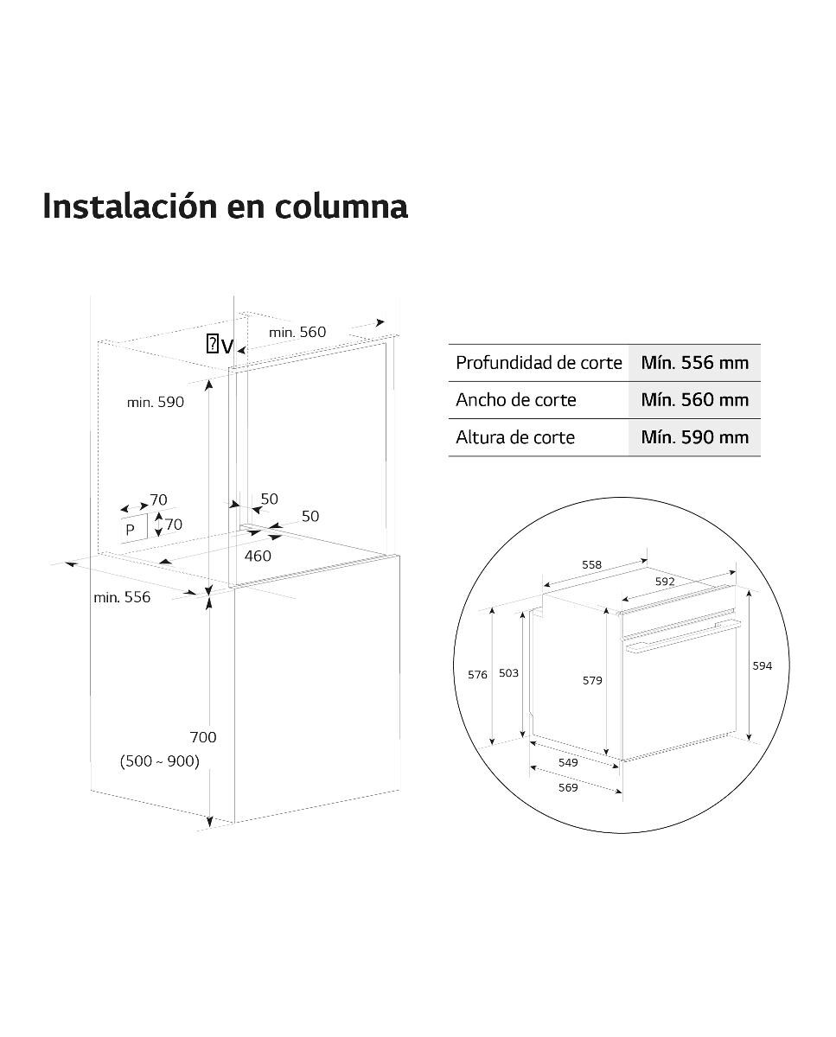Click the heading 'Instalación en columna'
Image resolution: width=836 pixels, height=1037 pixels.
225,207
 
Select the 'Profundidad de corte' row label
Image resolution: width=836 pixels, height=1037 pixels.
539,363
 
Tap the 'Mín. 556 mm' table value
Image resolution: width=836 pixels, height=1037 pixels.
695,363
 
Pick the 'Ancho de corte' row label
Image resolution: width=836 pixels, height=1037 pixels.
516,400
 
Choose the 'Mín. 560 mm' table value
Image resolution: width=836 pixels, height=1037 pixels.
695,400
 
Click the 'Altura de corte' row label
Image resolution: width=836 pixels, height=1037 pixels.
515,437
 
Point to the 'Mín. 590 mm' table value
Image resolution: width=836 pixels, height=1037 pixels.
695,437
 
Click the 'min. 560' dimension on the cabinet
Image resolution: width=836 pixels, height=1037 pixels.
297,332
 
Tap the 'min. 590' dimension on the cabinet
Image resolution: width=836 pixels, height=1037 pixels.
156,402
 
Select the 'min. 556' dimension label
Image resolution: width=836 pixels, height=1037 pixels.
122,597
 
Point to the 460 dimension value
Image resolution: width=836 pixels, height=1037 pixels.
258,556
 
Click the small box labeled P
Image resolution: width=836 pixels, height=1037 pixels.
133,529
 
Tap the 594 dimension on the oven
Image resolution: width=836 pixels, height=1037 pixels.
763,665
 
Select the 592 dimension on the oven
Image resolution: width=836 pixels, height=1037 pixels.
665,582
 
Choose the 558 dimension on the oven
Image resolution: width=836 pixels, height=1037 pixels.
591,564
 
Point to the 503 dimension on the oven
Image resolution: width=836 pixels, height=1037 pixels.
508,672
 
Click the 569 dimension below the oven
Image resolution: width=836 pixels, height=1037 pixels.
568,788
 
